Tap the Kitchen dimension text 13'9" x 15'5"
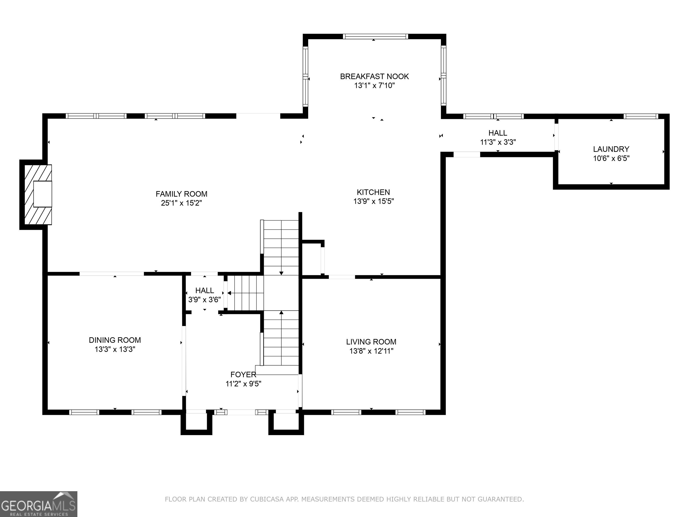[373, 201]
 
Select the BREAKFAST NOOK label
[374, 76]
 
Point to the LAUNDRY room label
[611, 149]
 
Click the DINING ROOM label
[115, 340]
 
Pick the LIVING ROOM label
[371, 342]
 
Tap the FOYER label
[243, 374]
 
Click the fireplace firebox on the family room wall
[43, 194]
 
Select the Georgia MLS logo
[39, 504]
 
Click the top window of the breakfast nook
[375, 36]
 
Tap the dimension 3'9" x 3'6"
[205, 300]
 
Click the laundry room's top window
[641, 116]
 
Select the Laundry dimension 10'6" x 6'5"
[611, 158]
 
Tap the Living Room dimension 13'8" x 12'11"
[371, 351]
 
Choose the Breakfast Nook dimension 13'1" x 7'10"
[374, 85]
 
